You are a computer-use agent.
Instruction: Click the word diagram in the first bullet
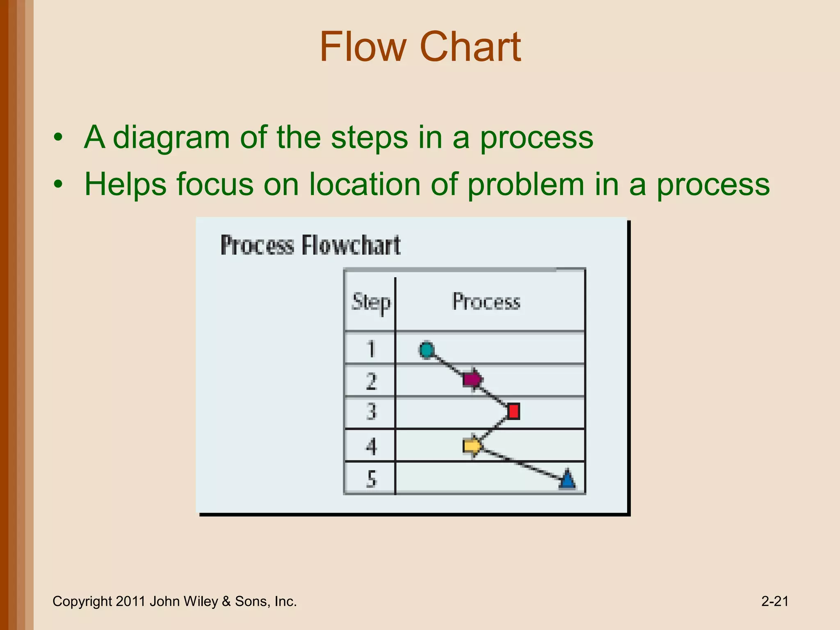pos(171,137)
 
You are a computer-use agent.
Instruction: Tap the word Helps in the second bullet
pos(125,185)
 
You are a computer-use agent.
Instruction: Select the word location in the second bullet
pos(365,185)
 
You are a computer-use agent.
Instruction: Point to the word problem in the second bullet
pos(525,185)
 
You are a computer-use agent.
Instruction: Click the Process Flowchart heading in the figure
pos(310,245)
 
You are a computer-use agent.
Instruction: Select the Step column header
pos(371,302)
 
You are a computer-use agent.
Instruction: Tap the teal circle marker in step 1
pos(427,350)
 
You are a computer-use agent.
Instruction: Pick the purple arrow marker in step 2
pos(472,379)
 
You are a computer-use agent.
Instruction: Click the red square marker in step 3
pos(513,411)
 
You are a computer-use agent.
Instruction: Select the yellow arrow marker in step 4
pos(472,445)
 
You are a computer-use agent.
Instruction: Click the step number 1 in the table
pos(371,349)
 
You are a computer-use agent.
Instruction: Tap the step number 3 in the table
pos(371,411)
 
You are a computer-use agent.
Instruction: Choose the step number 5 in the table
pos(371,479)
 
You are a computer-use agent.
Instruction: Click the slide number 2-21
pos(774,601)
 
